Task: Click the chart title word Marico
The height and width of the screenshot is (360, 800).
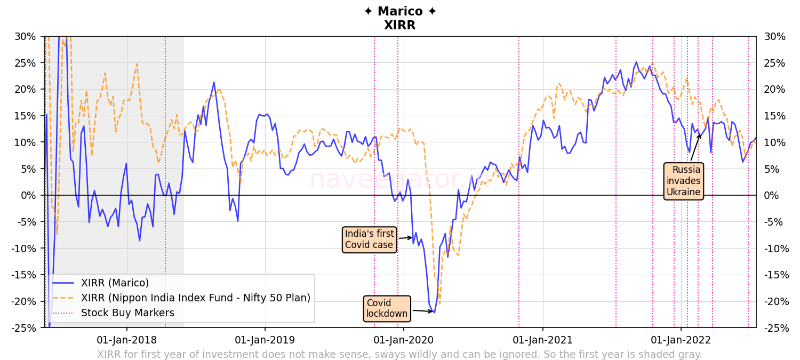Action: pyautogui.click(x=400, y=12)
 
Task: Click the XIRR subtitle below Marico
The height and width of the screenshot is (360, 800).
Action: pyautogui.click(x=400, y=25)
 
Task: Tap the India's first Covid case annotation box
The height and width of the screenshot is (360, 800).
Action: pyautogui.click(x=369, y=239)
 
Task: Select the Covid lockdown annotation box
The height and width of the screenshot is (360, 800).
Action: pyautogui.click(x=387, y=309)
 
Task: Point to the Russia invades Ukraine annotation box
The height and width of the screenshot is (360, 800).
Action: pyautogui.click(x=683, y=181)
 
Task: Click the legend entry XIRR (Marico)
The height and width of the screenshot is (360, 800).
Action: pyautogui.click(x=115, y=283)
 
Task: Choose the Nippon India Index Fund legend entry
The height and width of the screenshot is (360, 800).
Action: pyautogui.click(x=195, y=298)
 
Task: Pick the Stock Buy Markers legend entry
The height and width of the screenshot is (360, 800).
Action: pyautogui.click(x=127, y=313)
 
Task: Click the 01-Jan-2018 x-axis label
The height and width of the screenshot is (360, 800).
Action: pyautogui.click(x=126, y=340)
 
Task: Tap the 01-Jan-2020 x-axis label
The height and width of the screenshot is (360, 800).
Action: pyautogui.click(x=404, y=340)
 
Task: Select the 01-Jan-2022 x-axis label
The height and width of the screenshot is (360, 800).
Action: pyautogui.click(x=681, y=340)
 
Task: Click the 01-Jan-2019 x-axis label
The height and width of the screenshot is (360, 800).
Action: pyautogui.click(x=265, y=340)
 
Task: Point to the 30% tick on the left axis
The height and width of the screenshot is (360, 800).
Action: pyautogui.click(x=26, y=37)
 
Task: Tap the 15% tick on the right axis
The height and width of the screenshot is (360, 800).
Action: pyautogui.click(x=775, y=116)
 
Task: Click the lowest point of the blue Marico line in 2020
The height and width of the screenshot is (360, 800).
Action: pyautogui.click(x=434, y=312)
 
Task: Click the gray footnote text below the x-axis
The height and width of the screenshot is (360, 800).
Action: pyautogui.click(x=399, y=355)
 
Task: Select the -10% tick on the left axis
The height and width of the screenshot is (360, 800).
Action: pyautogui.click(x=23, y=249)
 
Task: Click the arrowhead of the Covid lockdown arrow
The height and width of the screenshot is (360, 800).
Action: pyautogui.click(x=433, y=311)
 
